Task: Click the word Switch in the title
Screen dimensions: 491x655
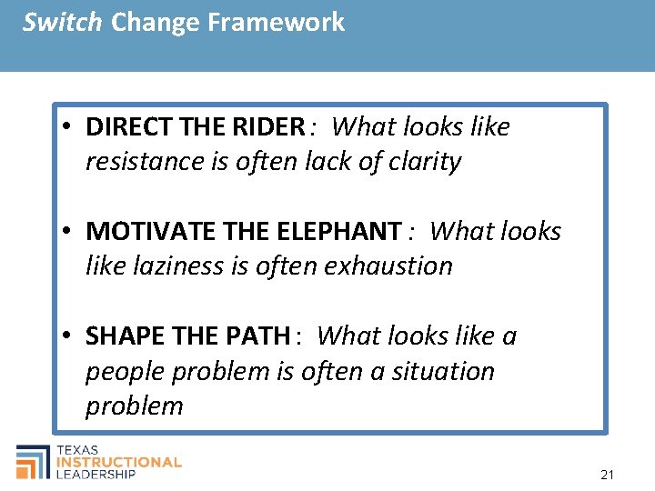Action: point(62,22)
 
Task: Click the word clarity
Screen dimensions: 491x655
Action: point(425,162)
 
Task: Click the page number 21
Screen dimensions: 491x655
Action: point(608,475)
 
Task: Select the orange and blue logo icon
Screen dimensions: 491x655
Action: point(34,461)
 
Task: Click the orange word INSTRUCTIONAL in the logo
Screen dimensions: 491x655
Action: point(119,462)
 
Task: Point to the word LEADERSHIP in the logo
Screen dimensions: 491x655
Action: point(96,474)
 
